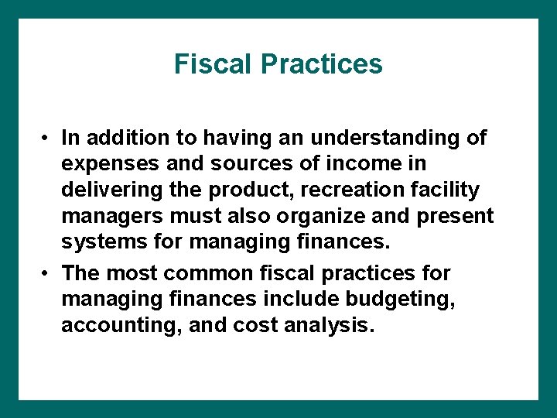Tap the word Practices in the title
[323, 63]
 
